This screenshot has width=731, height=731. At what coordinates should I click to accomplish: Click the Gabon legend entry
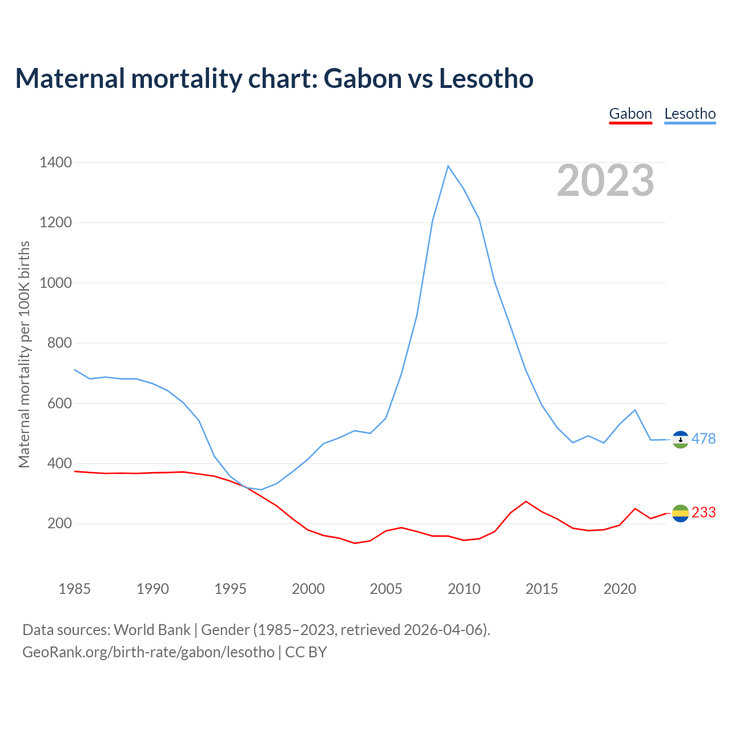point(630,114)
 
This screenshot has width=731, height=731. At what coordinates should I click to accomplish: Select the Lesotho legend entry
point(690,114)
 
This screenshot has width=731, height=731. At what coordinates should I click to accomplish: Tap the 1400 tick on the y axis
point(55,163)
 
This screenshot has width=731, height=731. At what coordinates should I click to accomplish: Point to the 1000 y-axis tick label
point(55,283)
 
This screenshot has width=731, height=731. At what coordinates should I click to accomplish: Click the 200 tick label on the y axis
point(59,524)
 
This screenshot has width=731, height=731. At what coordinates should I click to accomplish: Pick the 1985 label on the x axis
point(74,589)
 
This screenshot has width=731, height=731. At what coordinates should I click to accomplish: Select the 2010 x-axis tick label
point(464,589)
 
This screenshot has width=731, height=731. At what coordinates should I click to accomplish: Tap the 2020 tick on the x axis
point(620,589)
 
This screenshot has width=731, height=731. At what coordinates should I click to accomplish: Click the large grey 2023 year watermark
point(605,180)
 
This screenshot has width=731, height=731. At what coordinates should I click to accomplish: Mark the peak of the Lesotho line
point(448,166)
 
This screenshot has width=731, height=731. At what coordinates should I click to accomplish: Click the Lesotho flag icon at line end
point(680,439)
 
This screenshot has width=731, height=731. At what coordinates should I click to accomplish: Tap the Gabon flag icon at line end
point(680,513)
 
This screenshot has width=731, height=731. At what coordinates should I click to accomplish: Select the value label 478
point(704,439)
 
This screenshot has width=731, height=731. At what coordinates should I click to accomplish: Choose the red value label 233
point(704,513)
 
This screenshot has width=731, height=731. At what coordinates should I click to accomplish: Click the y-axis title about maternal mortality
point(24,354)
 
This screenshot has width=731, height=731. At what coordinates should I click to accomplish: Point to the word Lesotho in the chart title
point(486,78)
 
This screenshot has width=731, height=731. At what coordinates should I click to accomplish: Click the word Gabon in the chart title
point(363,78)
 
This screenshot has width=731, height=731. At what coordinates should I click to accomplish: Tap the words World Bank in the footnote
point(152,630)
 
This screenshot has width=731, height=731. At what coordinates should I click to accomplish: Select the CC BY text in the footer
point(306,652)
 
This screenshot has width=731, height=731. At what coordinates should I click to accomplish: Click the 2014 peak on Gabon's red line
point(526,501)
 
